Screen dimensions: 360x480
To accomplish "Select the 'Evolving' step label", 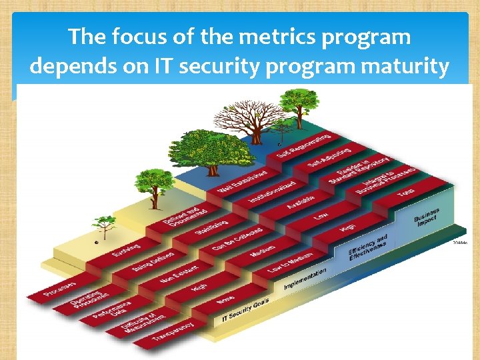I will coord(126,254).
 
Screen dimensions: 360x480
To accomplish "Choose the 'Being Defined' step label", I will coord(153,262).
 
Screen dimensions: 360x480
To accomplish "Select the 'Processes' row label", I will coord(60,287).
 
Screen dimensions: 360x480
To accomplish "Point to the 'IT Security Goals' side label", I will coord(241,312).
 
